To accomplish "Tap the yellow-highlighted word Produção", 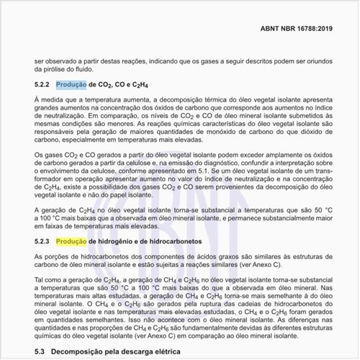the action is coord(71,242).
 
